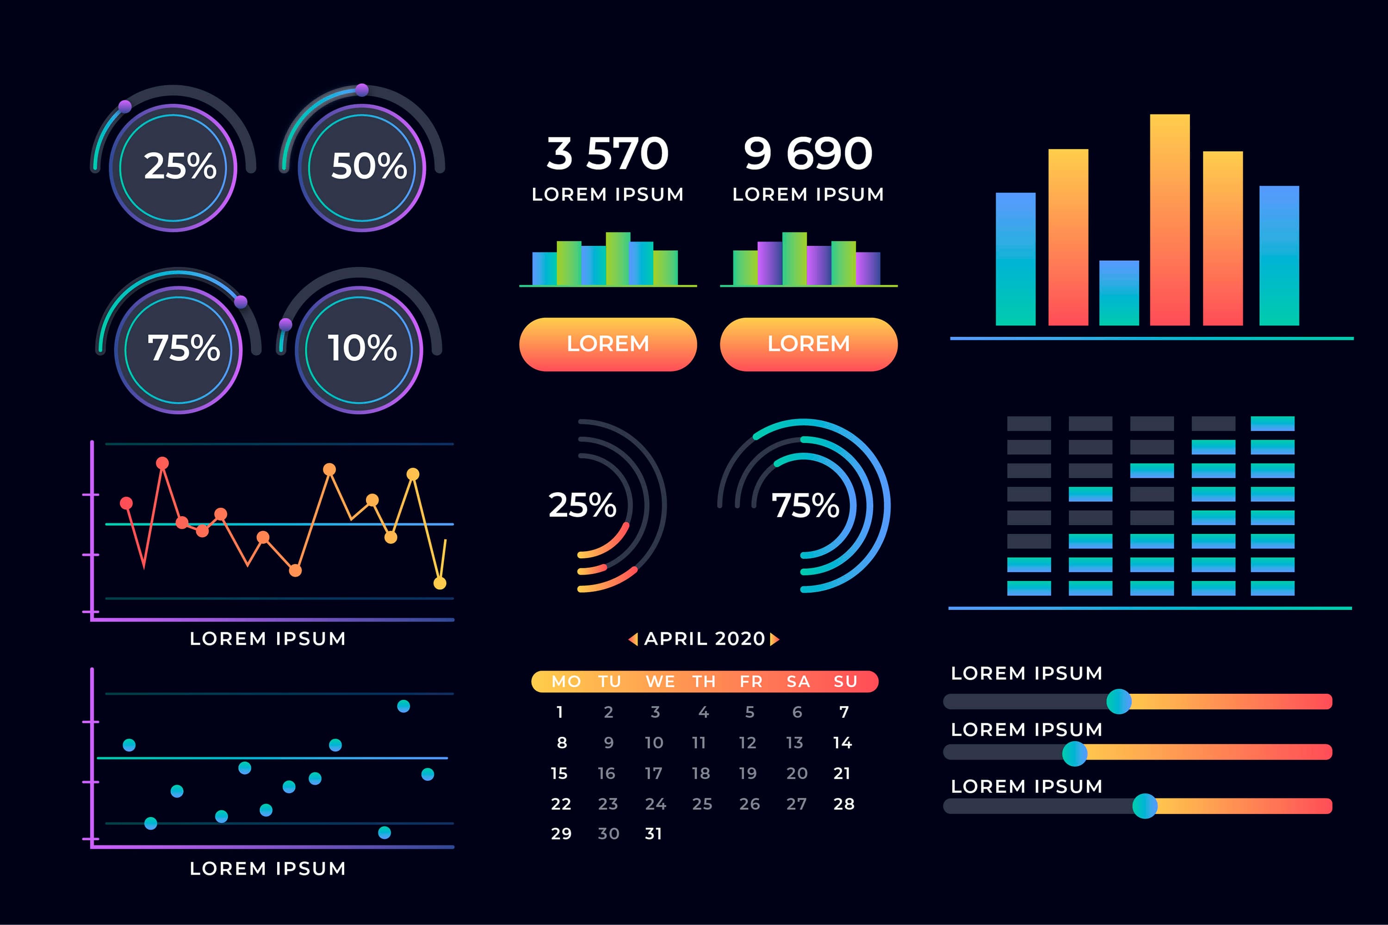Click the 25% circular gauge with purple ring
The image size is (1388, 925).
point(173,167)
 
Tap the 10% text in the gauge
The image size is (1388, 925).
point(362,348)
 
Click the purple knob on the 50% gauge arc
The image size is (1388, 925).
point(362,90)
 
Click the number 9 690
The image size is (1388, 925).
point(808,154)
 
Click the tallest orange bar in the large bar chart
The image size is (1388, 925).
point(1169,219)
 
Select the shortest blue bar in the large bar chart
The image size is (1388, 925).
point(1118,293)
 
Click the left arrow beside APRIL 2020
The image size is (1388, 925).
point(633,639)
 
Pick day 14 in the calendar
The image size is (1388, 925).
point(842,743)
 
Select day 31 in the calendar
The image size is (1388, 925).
point(653,833)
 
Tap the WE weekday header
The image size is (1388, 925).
point(660,681)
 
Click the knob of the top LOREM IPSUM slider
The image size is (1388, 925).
point(1118,702)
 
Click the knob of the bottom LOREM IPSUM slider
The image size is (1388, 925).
point(1144,806)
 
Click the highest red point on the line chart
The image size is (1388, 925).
point(162,463)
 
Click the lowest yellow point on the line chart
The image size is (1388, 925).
point(440,583)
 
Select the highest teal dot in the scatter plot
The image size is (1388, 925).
point(403,706)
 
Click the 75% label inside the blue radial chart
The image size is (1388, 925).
point(805,506)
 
